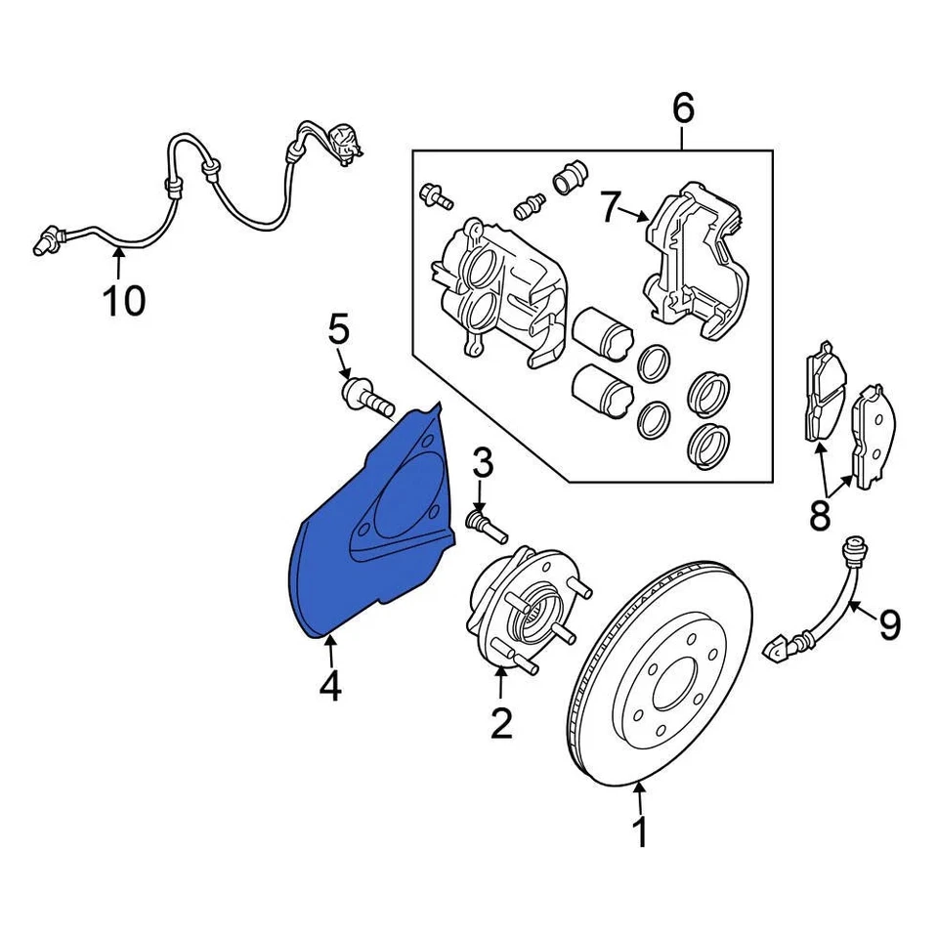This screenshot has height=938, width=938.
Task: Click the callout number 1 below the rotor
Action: tap(640, 833)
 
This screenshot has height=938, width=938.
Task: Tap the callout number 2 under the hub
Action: tap(500, 723)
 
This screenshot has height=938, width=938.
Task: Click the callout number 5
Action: tap(338, 330)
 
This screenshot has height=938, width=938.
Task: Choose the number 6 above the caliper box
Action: tap(683, 107)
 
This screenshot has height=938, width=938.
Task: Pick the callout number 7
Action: tap(611, 207)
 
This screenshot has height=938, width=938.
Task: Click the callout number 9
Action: tap(888, 624)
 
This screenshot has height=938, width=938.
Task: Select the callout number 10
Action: tap(124, 300)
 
